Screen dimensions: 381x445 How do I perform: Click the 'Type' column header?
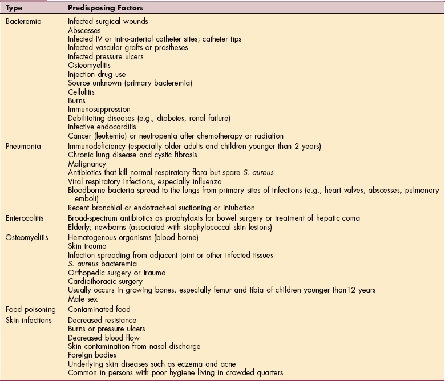pos(14,9)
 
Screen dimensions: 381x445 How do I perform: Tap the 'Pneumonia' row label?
pos(23,146)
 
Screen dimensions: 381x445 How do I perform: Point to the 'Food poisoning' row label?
pos(30,309)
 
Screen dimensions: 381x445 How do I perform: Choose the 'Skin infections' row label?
pos(29,320)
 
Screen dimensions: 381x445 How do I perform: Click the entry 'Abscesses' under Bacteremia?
pos(84,30)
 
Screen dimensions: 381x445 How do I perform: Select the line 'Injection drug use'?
pos(97,75)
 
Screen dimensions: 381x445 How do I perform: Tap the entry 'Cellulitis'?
pos(82,92)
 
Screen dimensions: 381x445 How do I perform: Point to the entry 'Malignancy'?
pos(87,164)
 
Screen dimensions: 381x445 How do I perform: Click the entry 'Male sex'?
pos(81,299)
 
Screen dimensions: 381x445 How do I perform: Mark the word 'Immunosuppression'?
pos(99,110)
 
